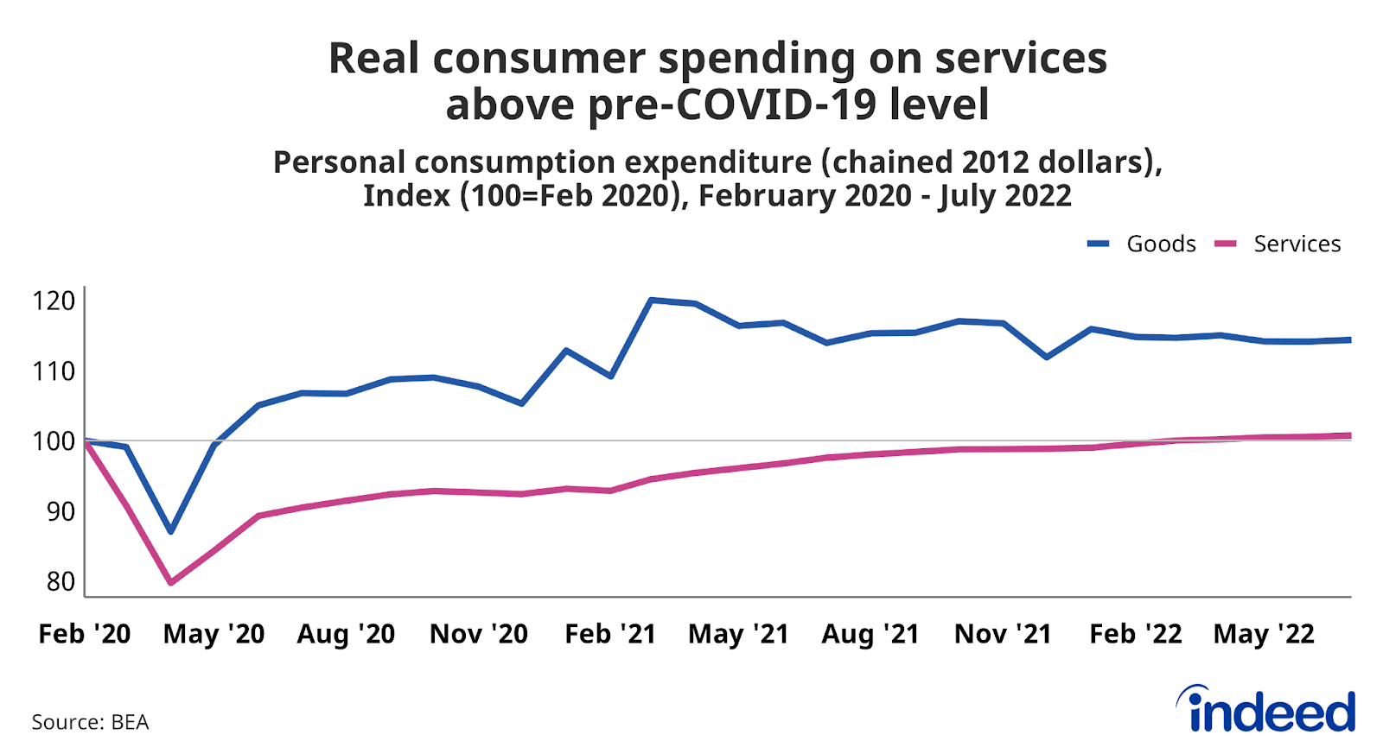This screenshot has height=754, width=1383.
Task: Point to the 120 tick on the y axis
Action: [x=54, y=301]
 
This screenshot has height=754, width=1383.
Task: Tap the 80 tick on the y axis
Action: [x=61, y=582]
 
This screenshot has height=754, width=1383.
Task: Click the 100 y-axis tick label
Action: [x=54, y=441]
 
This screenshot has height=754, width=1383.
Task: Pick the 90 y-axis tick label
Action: [x=61, y=512]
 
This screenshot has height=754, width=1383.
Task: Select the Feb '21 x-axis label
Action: [x=610, y=634]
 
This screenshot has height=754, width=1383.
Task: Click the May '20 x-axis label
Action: [x=214, y=634]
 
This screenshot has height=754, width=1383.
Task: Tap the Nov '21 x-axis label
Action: [x=1003, y=634]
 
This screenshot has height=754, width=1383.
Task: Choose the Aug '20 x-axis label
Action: [x=346, y=634]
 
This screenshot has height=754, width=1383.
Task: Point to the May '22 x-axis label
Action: [x=1264, y=634]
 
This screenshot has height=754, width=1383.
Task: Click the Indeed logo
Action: [x=1266, y=710]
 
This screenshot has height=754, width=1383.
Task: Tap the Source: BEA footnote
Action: [x=90, y=722]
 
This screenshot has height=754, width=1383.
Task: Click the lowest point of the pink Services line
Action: [x=171, y=583]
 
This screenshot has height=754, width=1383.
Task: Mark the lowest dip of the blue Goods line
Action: [x=171, y=531]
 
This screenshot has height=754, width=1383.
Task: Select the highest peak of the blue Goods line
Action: [x=651, y=300]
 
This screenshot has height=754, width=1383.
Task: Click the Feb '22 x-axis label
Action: [x=1135, y=634]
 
